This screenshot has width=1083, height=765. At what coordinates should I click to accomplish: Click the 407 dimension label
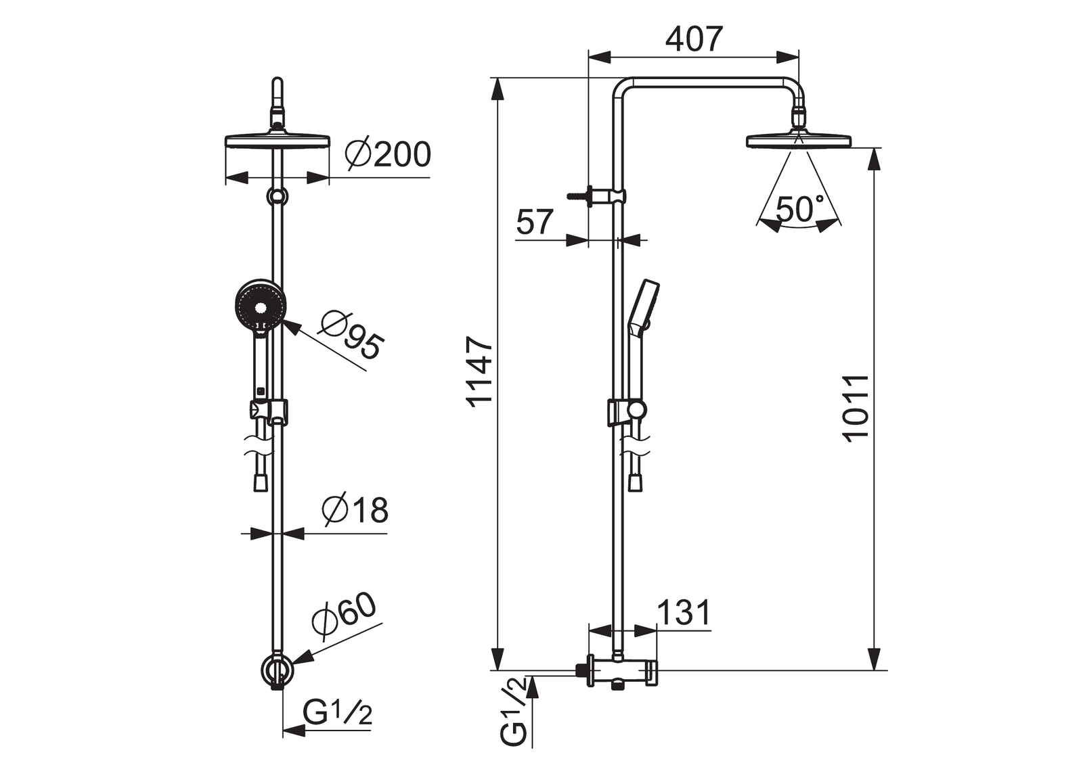click(x=693, y=39)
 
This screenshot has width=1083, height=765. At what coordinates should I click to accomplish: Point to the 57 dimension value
click(x=534, y=222)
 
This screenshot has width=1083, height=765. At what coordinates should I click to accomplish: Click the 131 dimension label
click(x=684, y=613)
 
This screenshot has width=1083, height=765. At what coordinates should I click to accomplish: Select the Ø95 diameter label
click(x=351, y=333)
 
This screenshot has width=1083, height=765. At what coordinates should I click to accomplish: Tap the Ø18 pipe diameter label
click(x=355, y=509)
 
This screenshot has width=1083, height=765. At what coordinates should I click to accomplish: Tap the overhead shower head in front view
click(x=278, y=141)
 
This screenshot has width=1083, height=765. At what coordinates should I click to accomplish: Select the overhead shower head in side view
click(x=799, y=141)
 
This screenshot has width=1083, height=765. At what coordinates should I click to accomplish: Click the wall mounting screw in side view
click(x=578, y=196)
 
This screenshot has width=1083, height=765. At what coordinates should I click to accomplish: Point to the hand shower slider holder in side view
click(x=626, y=412)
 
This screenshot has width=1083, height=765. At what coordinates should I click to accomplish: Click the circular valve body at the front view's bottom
click(x=278, y=670)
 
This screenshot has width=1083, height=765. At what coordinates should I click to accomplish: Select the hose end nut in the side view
click(x=636, y=483)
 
